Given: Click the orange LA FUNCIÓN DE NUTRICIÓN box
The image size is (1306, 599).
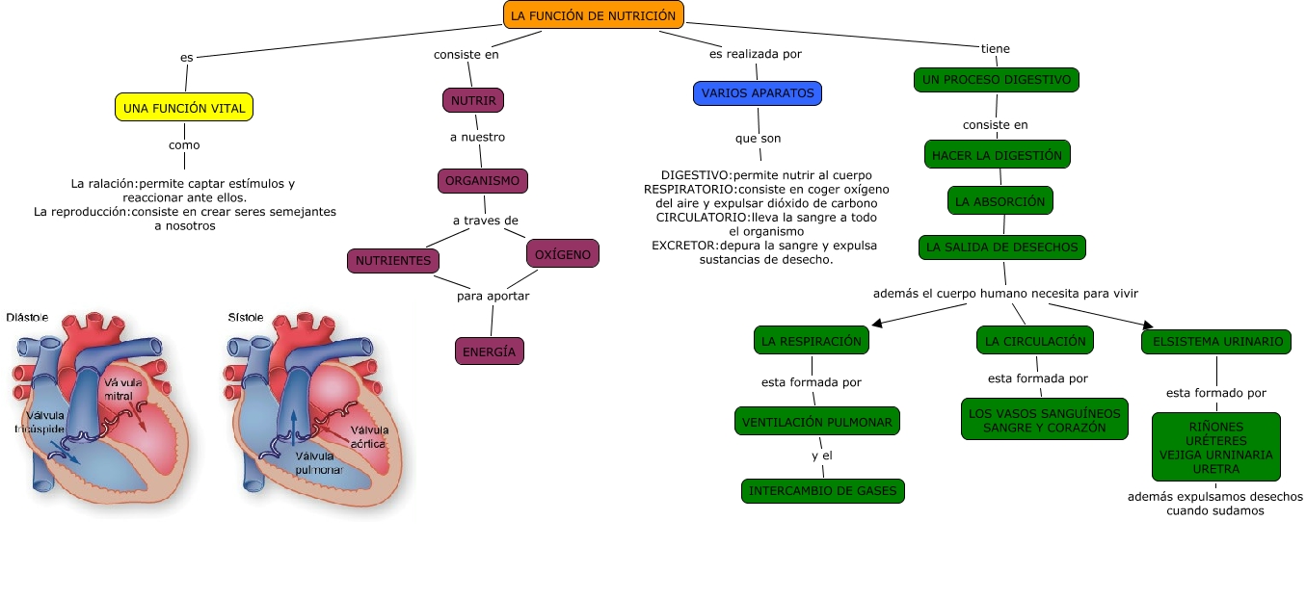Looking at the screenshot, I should coord(594,14).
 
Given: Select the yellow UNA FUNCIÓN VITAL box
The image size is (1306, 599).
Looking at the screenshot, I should coord(184,107).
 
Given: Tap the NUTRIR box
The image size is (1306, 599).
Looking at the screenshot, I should coord(473,100).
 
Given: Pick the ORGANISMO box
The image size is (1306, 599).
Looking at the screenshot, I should coord(483,181).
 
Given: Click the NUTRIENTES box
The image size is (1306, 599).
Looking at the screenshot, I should coord(393,261).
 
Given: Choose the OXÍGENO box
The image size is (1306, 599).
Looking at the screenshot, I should coord(563,254).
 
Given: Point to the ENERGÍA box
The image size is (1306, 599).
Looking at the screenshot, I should coord(489,352).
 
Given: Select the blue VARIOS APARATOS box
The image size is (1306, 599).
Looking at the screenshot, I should coord(758,93).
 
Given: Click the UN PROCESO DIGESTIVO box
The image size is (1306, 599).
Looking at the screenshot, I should coord(996,80).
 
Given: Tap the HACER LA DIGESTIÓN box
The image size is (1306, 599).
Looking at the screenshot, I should coord(997,154).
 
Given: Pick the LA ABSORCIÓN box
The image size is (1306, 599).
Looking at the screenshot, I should coord(1000,201).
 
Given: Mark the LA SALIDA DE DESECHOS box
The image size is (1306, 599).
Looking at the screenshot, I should coord(1001,247).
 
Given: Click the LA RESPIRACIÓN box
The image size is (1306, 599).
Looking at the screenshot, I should coord(811,341).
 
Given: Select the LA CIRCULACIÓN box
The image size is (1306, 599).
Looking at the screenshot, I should coord(1035,341).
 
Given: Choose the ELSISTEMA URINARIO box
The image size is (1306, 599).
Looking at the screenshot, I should coord(1215,341).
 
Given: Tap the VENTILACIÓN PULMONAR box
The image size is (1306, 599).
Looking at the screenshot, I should coord(817,421).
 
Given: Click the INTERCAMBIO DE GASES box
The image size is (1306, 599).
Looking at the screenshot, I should coord(823,491).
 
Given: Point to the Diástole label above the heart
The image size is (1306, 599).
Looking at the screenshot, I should coord(27,317).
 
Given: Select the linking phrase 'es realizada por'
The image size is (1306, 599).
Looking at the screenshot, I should coord(756,54).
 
